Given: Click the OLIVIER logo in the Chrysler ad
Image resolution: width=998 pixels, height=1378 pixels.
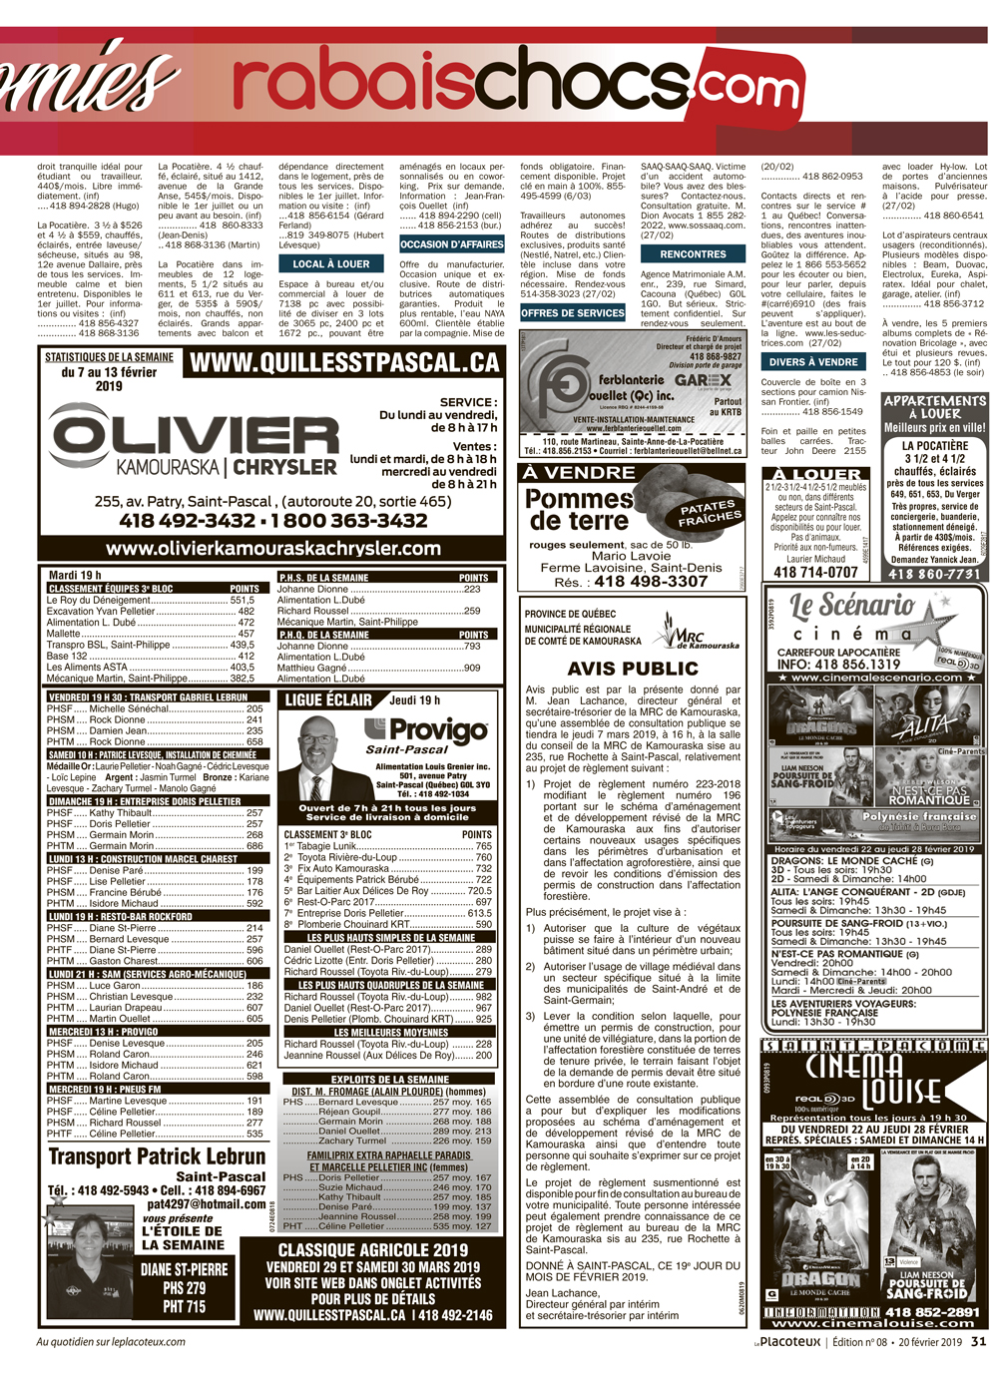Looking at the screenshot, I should (182, 435).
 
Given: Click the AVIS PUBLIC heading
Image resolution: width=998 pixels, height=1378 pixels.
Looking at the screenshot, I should (633, 669).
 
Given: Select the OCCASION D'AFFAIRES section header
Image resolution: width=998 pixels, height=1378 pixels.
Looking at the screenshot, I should (452, 244).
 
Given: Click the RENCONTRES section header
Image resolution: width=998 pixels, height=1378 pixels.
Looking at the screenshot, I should (693, 254).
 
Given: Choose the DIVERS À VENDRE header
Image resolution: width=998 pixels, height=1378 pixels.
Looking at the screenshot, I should (813, 362).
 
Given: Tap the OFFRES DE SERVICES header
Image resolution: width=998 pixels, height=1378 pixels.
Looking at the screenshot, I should (573, 313).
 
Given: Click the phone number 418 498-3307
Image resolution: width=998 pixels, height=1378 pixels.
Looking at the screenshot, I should (651, 581).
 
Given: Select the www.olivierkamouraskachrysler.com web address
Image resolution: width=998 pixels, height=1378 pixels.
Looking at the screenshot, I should (272, 548).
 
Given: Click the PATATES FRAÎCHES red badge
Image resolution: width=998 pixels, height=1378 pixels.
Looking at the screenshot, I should (710, 514).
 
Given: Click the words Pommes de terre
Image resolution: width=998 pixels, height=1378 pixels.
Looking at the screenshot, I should (579, 509).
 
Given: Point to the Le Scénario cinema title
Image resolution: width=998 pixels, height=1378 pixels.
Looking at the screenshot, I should (852, 606).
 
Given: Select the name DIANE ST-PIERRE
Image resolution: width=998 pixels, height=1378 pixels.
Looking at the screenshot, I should (184, 1270).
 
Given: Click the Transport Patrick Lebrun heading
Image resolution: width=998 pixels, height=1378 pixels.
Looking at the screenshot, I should (157, 1157).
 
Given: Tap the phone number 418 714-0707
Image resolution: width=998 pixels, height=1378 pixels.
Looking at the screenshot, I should (815, 572).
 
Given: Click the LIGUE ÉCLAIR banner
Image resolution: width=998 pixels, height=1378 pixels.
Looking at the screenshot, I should (328, 700).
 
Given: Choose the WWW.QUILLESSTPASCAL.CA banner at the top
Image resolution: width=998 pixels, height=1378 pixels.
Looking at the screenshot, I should (343, 362).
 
